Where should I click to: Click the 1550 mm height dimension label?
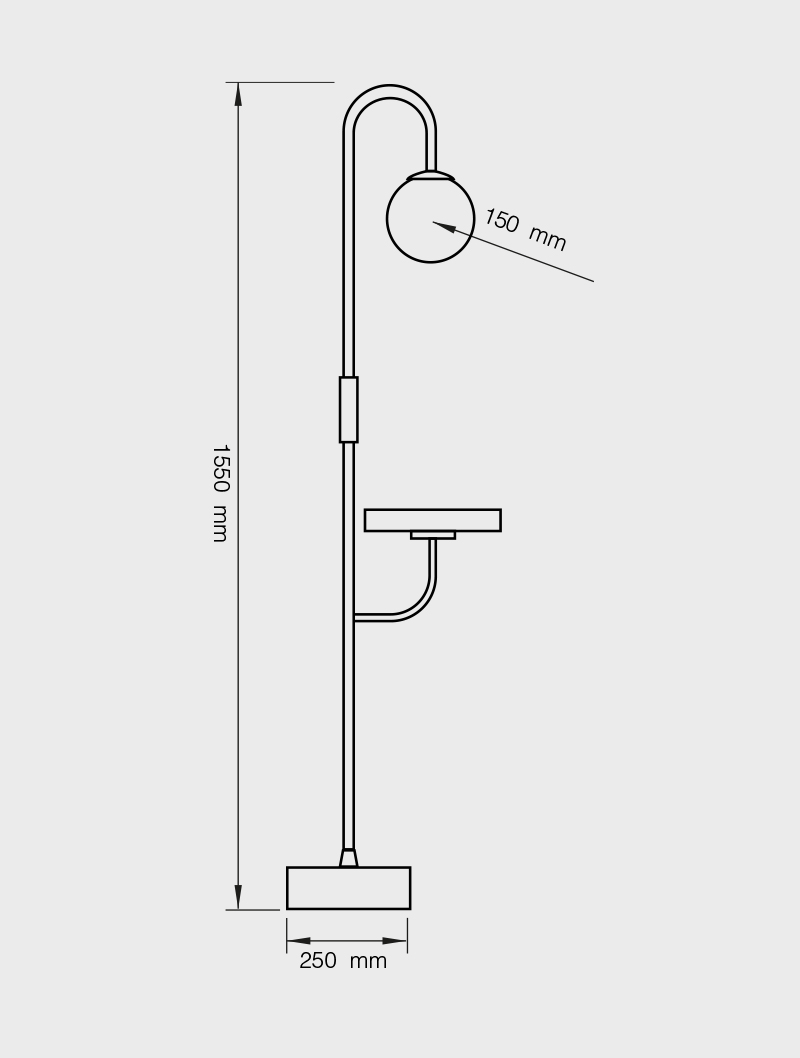click(x=221, y=493)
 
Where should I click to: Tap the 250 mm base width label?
click(x=343, y=960)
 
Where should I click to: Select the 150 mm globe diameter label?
click(x=525, y=230)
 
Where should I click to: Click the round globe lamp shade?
click(x=430, y=218)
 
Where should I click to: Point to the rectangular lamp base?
click(x=349, y=888)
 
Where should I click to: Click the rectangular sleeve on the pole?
click(x=349, y=410)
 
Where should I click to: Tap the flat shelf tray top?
click(x=433, y=520)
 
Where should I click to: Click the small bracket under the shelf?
click(x=433, y=535)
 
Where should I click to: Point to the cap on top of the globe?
click(x=430, y=174)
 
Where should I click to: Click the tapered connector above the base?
click(x=349, y=858)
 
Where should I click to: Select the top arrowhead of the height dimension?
click(x=237, y=94)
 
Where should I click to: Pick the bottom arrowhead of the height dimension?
click(x=237, y=897)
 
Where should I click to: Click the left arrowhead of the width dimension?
click(x=298, y=941)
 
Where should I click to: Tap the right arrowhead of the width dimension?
click(x=395, y=941)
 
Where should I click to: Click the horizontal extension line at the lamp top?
click(x=280, y=82)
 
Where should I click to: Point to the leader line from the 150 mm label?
click(x=513, y=251)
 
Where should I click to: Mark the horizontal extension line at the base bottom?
click(x=252, y=910)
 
